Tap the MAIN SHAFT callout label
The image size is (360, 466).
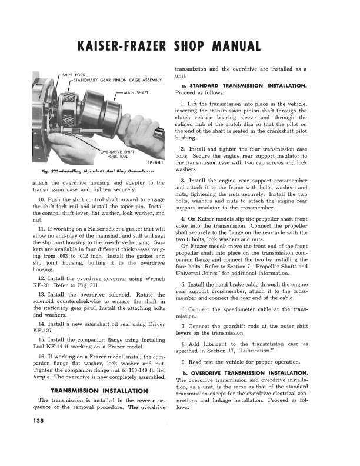pyautogui.click(x=136, y=92)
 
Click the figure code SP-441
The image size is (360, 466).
pyautogui.click(x=154, y=163)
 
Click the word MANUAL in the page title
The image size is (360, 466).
pyautogui.click(x=235, y=46)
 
